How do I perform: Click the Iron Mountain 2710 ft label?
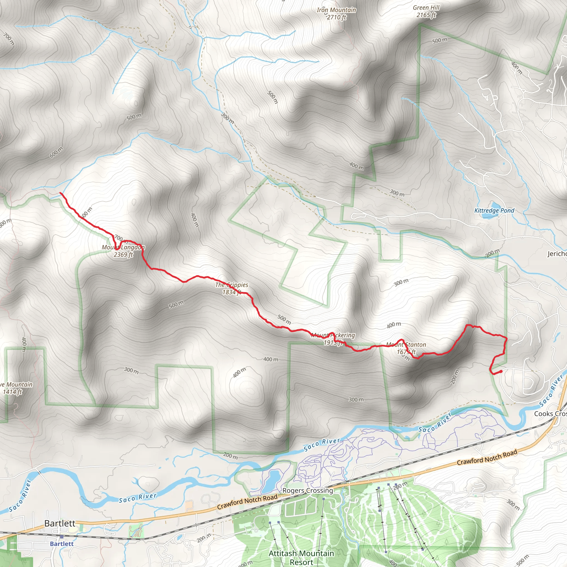tap(336, 14)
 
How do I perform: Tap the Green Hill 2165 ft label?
tap(426, 11)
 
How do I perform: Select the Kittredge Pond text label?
tap(494, 210)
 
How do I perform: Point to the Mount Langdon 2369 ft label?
tap(123, 251)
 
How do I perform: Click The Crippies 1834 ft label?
tap(231, 288)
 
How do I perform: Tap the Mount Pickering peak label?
tap(333, 339)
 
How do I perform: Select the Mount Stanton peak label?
tap(406, 348)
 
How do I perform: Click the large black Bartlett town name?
tap(60, 523)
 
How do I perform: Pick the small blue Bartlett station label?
tap(62, 543)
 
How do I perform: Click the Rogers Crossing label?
tap(308, 490)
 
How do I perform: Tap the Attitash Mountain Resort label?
tap(301, 557)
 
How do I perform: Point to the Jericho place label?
tap(557, 254)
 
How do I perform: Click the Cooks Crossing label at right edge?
tap(550, 414)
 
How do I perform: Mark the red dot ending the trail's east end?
tap(501, 372)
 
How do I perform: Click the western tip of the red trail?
tap(60, 193)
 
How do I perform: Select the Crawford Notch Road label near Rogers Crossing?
tap(247, 501)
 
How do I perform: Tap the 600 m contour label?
tap(56, 152)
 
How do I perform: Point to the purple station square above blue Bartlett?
tap(61, 537)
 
